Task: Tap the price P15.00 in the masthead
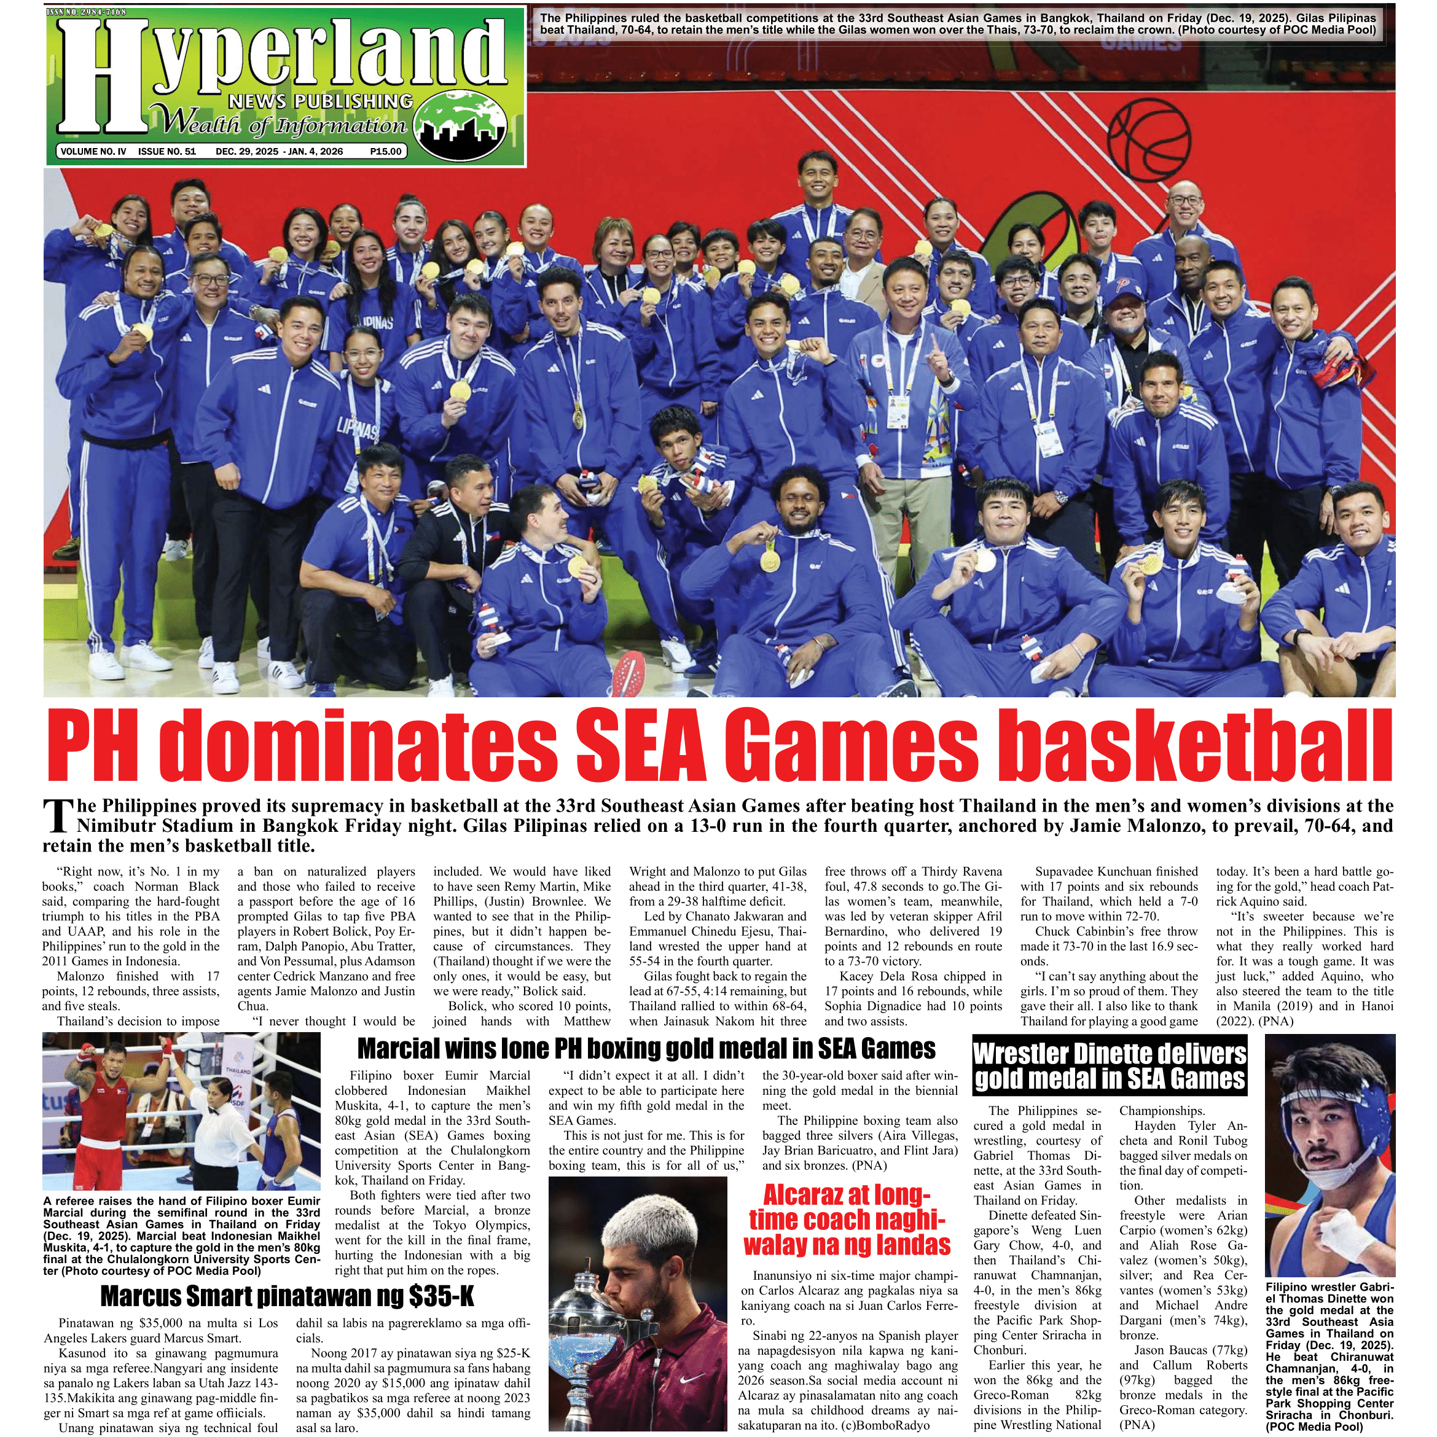[x=385, y=152]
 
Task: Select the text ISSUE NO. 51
[x=166, y=152]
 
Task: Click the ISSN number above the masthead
[x=86, y=12]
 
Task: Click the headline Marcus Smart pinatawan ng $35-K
[x=287, y=1296]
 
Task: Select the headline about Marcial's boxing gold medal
[x=646, y=1049]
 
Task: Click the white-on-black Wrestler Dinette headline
[x=1109, y=1066]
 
